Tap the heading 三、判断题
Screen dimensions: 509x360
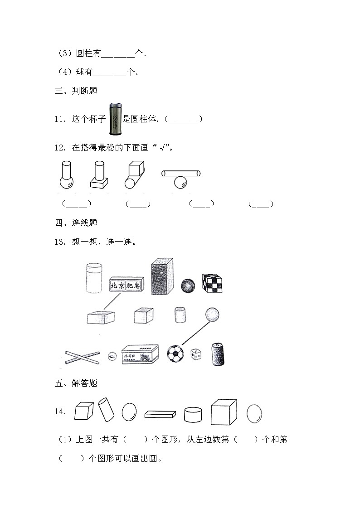[76, 91]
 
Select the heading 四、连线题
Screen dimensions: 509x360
[76, 223]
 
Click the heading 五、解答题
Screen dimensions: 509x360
[76, 383]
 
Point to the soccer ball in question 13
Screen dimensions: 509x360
[175, 354]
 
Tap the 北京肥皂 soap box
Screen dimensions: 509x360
[126, 285]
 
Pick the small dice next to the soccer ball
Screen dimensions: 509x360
[196, 355]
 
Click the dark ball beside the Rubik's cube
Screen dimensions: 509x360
[188, 286]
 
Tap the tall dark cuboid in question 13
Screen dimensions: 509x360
[162, 276]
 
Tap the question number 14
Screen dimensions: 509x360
[60, 412]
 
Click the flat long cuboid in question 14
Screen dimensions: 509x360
[160, 414]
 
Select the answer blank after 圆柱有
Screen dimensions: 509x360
[117, 54]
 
